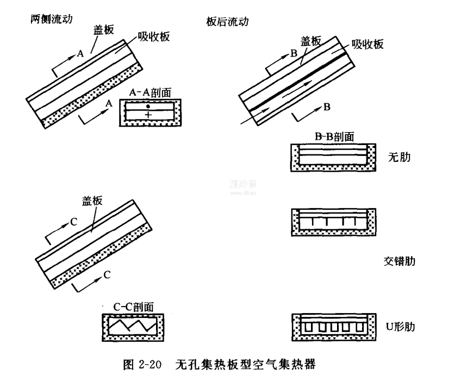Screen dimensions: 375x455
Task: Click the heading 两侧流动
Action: pyautogui.click(x=52, y=18)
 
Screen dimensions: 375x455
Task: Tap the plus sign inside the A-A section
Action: pyautogui.click(x=148, y=115)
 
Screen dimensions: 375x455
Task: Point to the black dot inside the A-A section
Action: pyautogui.click(x=148, y=105)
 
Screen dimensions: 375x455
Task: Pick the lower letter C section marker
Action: pyautogui.click(x=107, y=275)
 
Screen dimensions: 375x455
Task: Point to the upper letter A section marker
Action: pyautogui.click(x=80, y=54)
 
